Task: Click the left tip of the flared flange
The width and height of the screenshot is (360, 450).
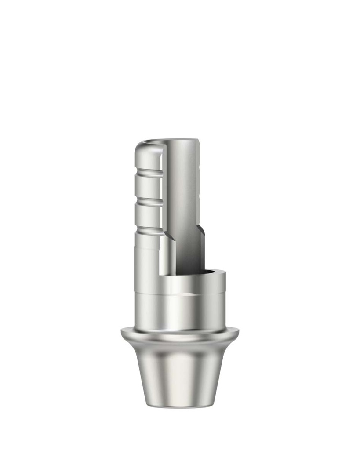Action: [x=123, y=334]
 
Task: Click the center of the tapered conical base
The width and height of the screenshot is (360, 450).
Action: [x=180, y=374]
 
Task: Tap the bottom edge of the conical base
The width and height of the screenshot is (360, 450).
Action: [x=180, y=407]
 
